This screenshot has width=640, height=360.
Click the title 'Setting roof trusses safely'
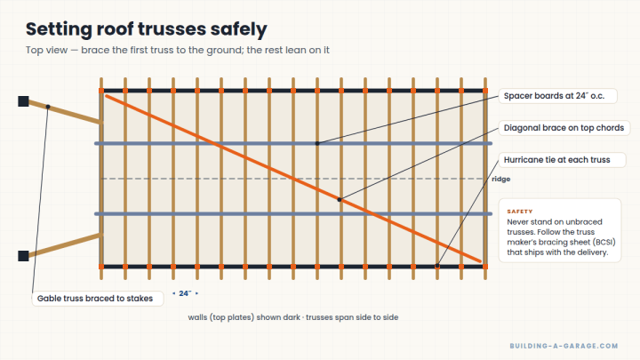147,29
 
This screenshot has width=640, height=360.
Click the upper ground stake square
23,101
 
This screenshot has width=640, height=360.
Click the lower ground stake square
23,256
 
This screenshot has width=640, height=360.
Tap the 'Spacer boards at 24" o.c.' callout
557,96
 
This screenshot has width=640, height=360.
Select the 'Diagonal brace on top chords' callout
564,128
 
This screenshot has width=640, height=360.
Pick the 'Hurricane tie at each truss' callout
562,160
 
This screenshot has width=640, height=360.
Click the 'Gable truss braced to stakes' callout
98,299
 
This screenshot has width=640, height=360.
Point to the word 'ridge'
500,180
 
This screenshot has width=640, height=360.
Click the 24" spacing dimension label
185,293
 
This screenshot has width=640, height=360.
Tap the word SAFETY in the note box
520,212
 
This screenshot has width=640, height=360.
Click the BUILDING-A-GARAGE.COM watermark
564,346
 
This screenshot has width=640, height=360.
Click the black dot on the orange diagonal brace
340,200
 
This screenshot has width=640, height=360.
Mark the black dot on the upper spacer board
317,144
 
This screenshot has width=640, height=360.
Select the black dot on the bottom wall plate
437,266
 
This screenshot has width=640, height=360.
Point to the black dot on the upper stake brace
48,107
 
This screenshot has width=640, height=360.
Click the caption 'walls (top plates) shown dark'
244,317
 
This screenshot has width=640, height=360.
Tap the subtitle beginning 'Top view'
178,50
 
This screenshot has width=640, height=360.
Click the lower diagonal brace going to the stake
65,245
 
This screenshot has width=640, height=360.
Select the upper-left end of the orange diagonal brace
107,96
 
